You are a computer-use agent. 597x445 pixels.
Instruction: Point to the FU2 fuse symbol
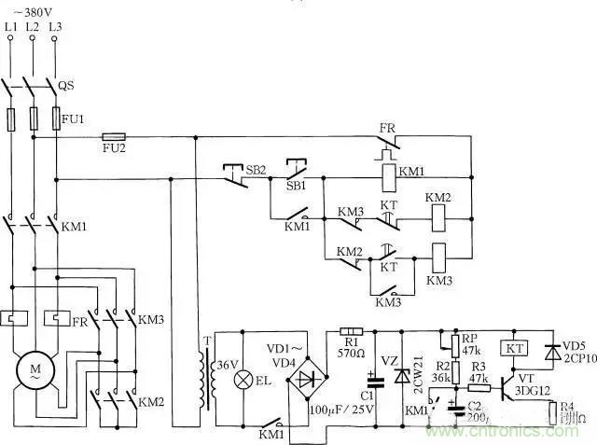click(113, 136)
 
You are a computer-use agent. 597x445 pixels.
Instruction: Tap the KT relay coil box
click(513, 347)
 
